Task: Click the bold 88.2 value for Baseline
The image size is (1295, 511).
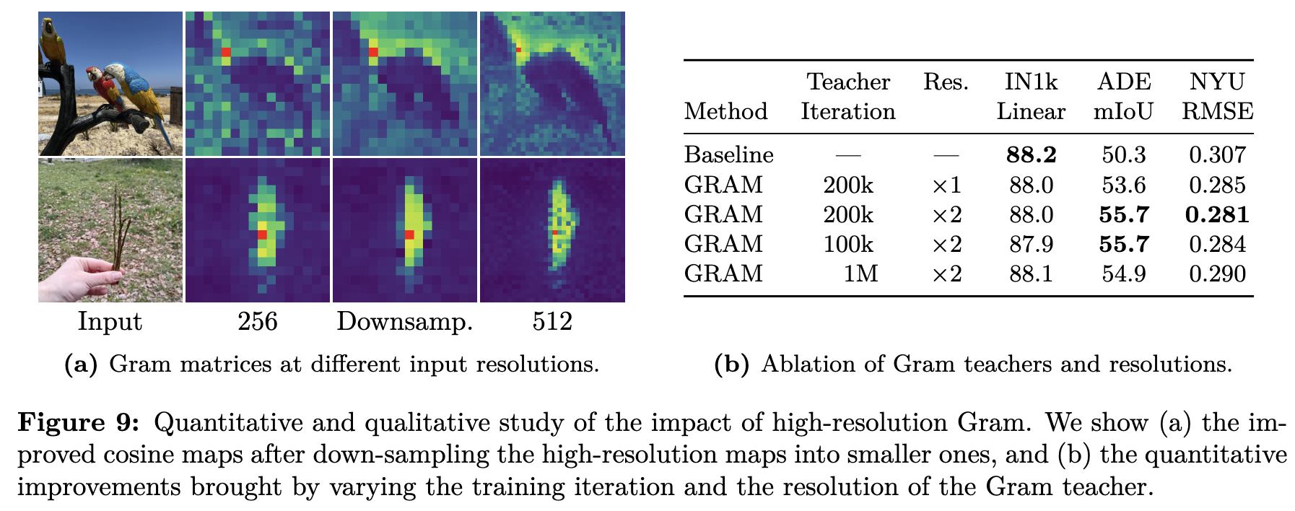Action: tap(1031, 154)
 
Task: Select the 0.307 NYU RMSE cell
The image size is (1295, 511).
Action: tap(1218, 154)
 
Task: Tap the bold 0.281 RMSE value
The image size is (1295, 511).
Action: tap(1218, 214)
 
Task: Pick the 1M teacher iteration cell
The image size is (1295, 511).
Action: tap(861, 274)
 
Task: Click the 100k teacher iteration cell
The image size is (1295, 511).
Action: tap(848, 244)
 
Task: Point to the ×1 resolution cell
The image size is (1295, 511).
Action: tap(946, 185)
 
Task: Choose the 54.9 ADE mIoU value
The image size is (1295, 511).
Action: tap(1124, 274)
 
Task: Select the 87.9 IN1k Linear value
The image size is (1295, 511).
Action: tap(1031, 244)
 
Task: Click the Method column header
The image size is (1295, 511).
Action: tap(725, 111)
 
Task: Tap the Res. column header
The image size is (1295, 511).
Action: tap(946, 82)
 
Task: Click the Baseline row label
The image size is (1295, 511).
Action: tap(728, 154)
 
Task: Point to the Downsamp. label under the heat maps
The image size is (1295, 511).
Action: tap(405, 321)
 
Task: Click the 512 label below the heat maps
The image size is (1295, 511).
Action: tap(552, 321)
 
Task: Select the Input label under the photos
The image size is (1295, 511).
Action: tap(110, 321)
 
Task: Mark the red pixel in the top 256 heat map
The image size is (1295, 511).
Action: tap(226, 52)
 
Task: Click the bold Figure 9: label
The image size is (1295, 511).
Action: tap(79, 423)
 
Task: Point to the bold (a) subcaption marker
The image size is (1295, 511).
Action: tap(81, 364)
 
